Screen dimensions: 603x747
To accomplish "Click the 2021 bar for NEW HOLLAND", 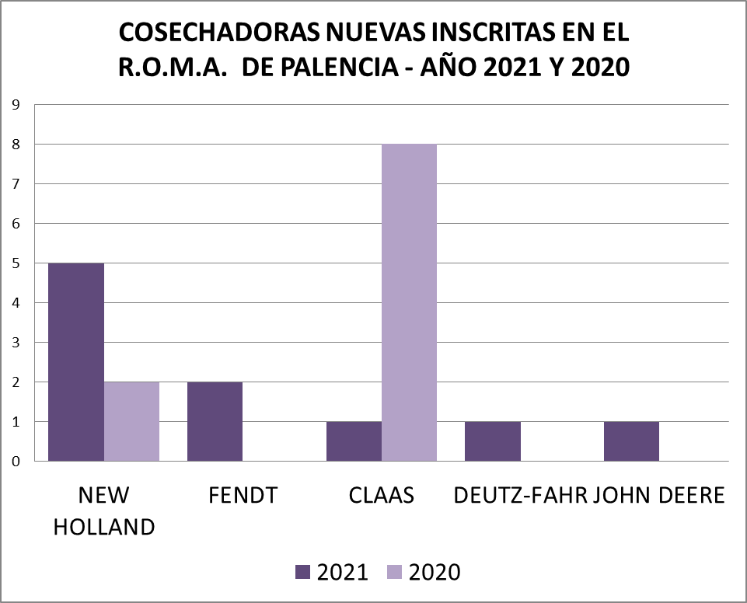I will [x=76, y=362].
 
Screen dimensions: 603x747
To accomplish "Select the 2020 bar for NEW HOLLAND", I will [x=131, y=421].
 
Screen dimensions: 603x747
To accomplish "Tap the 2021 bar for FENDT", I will [x=215, y=421].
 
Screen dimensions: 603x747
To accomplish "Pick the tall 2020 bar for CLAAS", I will [x=409, y=303].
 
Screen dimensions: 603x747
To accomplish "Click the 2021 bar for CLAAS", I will [x=354, y=441].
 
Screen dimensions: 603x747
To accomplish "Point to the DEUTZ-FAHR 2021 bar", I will [x=492, y=441].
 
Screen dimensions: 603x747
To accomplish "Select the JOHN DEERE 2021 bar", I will [x=631, y=441].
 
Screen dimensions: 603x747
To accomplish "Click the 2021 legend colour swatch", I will [x=303, y=573].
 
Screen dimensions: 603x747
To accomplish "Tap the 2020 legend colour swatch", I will [x=394, y=573].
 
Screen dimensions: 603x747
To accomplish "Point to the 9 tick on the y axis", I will [x=16, y=105].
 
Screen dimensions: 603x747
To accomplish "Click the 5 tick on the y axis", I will [x=16, y=263].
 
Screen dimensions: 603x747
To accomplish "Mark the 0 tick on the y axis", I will [x=16, y=462].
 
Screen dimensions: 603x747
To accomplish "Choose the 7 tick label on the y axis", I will [x=16, y=184].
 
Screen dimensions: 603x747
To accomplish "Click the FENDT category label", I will [x=243, y=496].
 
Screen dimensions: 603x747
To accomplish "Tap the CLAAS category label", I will [x=381, y=496].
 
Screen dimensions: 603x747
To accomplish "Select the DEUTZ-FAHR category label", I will [x=519, y=496].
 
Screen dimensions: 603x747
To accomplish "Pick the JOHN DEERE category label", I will [x=659, y=496].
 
